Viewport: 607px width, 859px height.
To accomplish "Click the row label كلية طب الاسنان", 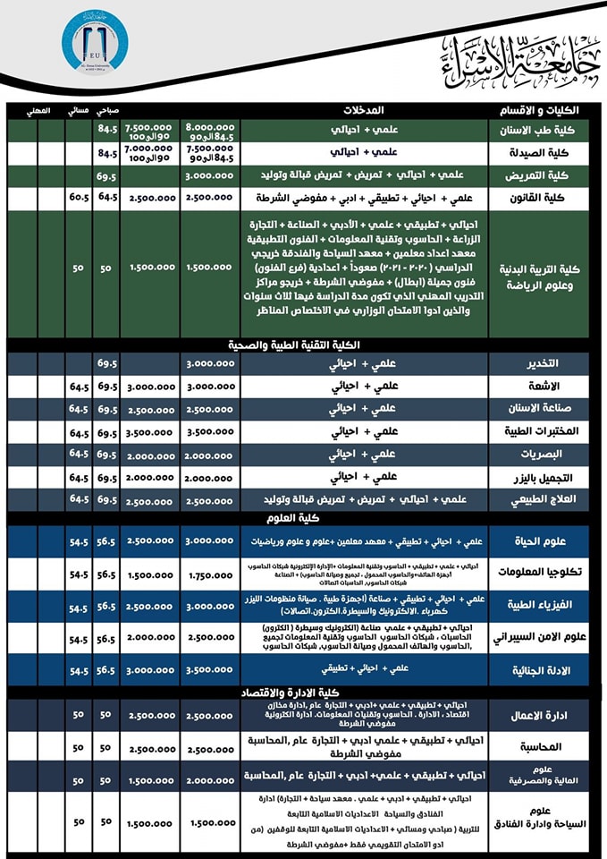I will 544,131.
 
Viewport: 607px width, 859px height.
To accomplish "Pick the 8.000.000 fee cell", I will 210,126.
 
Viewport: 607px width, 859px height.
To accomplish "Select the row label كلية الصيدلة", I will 544,154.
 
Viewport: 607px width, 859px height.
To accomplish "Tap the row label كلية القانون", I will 544,197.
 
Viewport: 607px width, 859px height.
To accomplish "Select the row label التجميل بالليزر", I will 544,478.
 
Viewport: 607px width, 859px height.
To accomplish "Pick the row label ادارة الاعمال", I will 544,716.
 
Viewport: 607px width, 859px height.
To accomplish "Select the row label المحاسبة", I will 544,746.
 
